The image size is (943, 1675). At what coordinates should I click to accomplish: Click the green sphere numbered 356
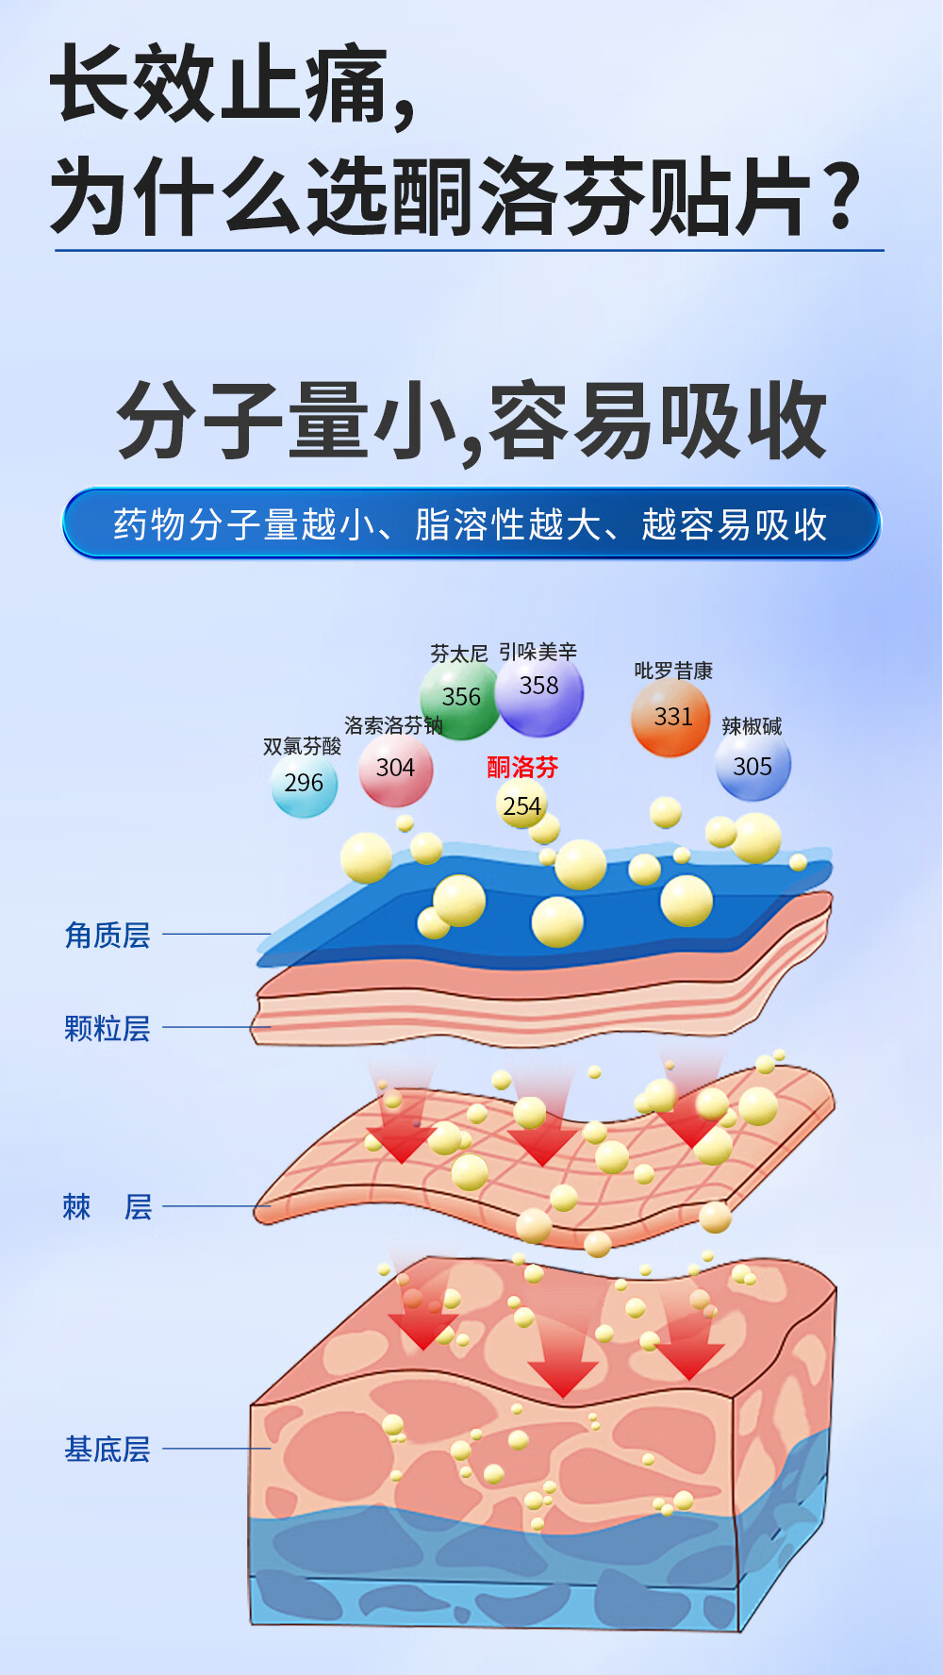pyautogui.click(x=460, y=699)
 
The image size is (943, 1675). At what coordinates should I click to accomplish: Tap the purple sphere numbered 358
pyautogui.click(x=539, y=691)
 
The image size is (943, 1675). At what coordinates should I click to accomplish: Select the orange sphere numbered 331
pyautogui.click(x=670, y=719)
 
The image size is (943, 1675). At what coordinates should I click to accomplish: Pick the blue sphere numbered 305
pyautogui.click(x=753, y=767)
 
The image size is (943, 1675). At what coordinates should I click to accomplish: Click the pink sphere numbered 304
pyautogui.click(x=395, y=770)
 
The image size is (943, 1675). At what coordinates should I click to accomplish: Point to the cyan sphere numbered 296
pyautogui.click(x=304, y=784)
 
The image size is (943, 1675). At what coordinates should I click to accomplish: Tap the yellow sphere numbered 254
pyautogui.click(x=521, y=804)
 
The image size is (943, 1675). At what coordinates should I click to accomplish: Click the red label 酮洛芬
pyautogui.click(x=522, y=767)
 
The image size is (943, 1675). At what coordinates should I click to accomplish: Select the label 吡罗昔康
pyautogui.click(x=673, y=671)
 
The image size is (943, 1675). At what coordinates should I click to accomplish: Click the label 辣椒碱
pyautogui.click(x=752, y=726)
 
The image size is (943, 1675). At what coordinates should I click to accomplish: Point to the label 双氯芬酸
pyautogui.click(x=302, y=746)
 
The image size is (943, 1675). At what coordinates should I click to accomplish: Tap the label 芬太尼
pyautogui.click(x=459, y=654)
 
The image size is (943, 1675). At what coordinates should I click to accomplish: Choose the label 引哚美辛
pyautogui.click(x=538, y=652)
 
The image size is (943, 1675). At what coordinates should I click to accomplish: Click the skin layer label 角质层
pyautogui.click(x=108, y=935)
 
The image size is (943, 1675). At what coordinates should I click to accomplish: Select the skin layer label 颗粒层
pyautogui.click(x=108, y=1028)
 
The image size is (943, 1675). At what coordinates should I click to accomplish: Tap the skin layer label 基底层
pyautogui.click(x=108, y=1449)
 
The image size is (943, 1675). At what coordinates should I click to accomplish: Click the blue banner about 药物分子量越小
pyautogui.click(x=471, y=523)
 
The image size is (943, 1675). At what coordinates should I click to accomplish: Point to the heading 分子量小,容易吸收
pyautogui.click(x=471, y=422)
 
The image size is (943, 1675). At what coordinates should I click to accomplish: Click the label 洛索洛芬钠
pyautogui.click(x=393, y=725)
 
